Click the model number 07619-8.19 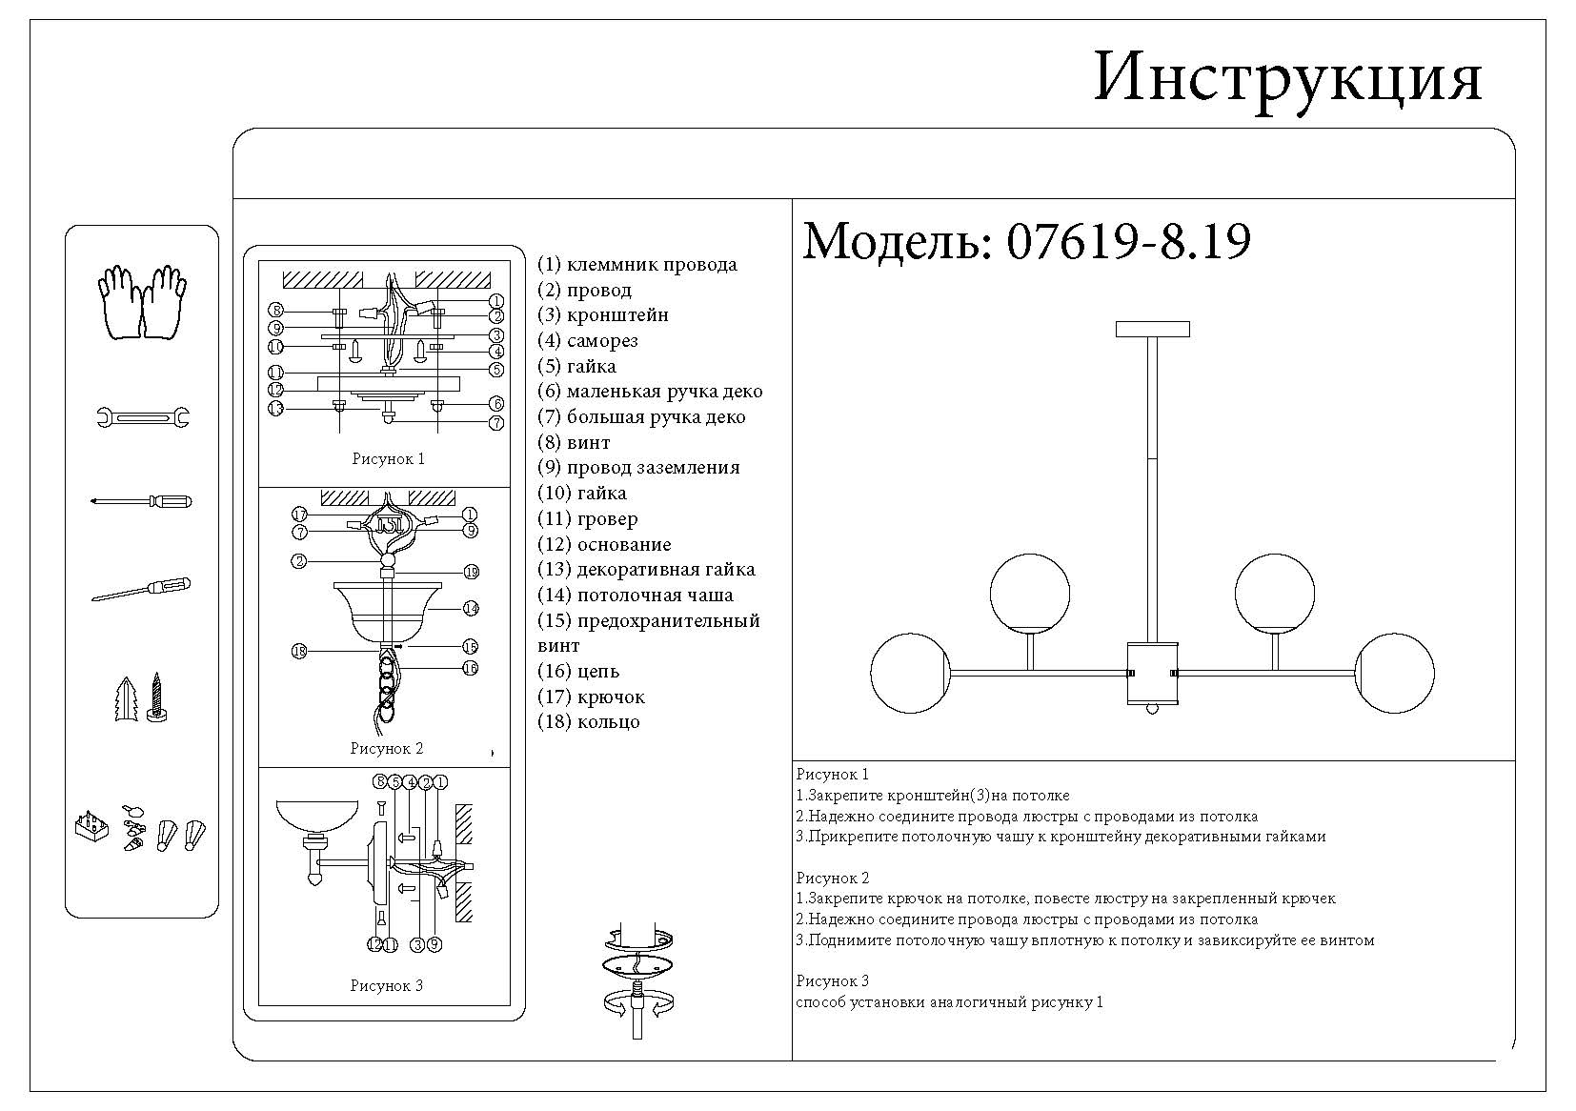tap(1128, 242)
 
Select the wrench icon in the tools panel tap(143, 416)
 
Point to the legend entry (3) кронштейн tap(602, 315)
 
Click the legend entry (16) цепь tap(578, 671)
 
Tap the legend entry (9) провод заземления tap(638, 468)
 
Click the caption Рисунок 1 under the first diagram tap(388, 459)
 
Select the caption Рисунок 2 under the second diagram tap(386, 749)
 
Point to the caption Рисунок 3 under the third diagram tap(386, 986)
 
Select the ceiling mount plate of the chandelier tap(1153, 329)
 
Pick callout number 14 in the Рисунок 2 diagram tap(471, 608)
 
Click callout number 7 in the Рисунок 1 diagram tap(496, 423)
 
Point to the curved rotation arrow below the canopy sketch tap(636, 1002)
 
